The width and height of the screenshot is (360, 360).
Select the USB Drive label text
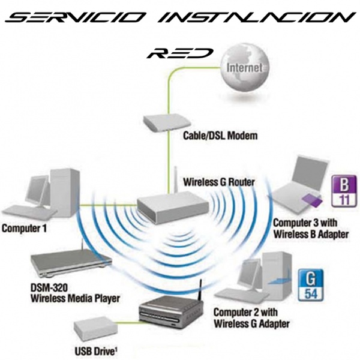click(x=95, y=350)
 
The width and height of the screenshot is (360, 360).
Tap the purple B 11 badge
click(x=340, y=189)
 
